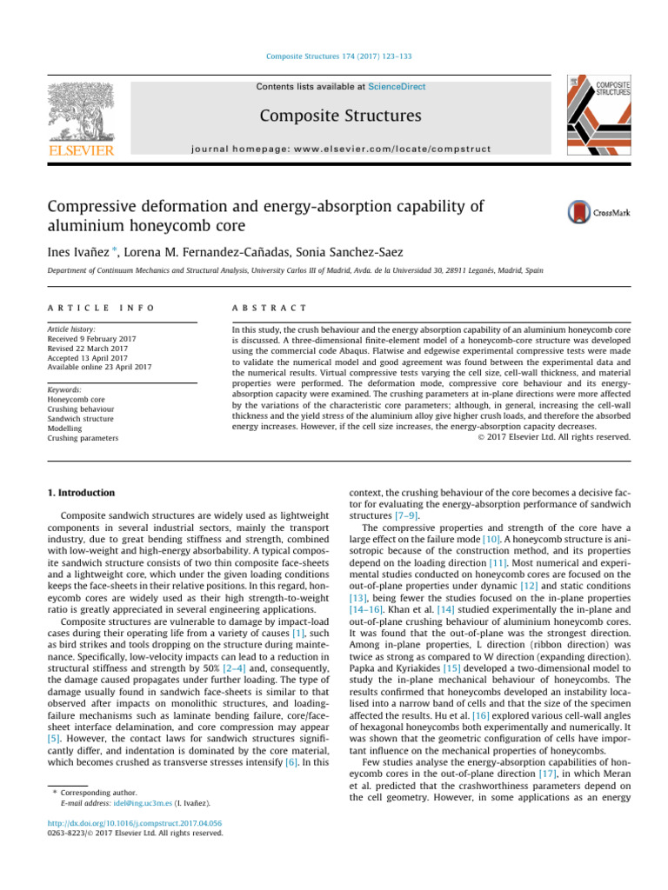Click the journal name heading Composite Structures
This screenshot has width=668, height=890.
(334, 116)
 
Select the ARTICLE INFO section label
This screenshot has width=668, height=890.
(90, 309)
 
